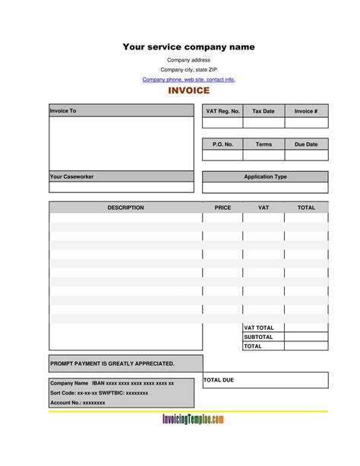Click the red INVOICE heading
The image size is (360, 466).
click(x=189, y=91)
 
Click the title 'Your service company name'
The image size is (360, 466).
click(x=189, y=47)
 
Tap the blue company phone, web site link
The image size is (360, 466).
click(x=189, y=79)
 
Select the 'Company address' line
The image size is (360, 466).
click(x=189, y=60)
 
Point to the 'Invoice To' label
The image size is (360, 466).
click(x=63, y=111)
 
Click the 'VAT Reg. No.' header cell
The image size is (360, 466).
click(x=223, y=111)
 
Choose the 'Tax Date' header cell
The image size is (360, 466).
click(x=264, y=111)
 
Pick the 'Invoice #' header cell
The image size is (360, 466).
click(x=306, y=111)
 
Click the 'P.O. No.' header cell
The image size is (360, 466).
click(x=223, y=144)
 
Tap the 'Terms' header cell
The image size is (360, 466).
click(x=264, y=144)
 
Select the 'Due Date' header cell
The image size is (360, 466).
click(x=306, y=144)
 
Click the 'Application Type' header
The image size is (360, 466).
click(x=265, y=176)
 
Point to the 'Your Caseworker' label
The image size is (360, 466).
click(x=72, y=176)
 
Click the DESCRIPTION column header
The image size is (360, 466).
click(x=125, y=207)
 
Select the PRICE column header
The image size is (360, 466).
click(x=223, y=207)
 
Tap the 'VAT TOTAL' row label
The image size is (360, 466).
click(x=259, y=328)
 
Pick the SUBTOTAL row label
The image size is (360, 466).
click(x=259, y=337)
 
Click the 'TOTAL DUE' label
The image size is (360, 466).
click(x=219, y=379)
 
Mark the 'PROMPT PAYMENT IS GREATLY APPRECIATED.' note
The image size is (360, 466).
click(x=112, y=363)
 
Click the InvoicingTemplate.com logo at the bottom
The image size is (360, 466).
click(x=193, y=420)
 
